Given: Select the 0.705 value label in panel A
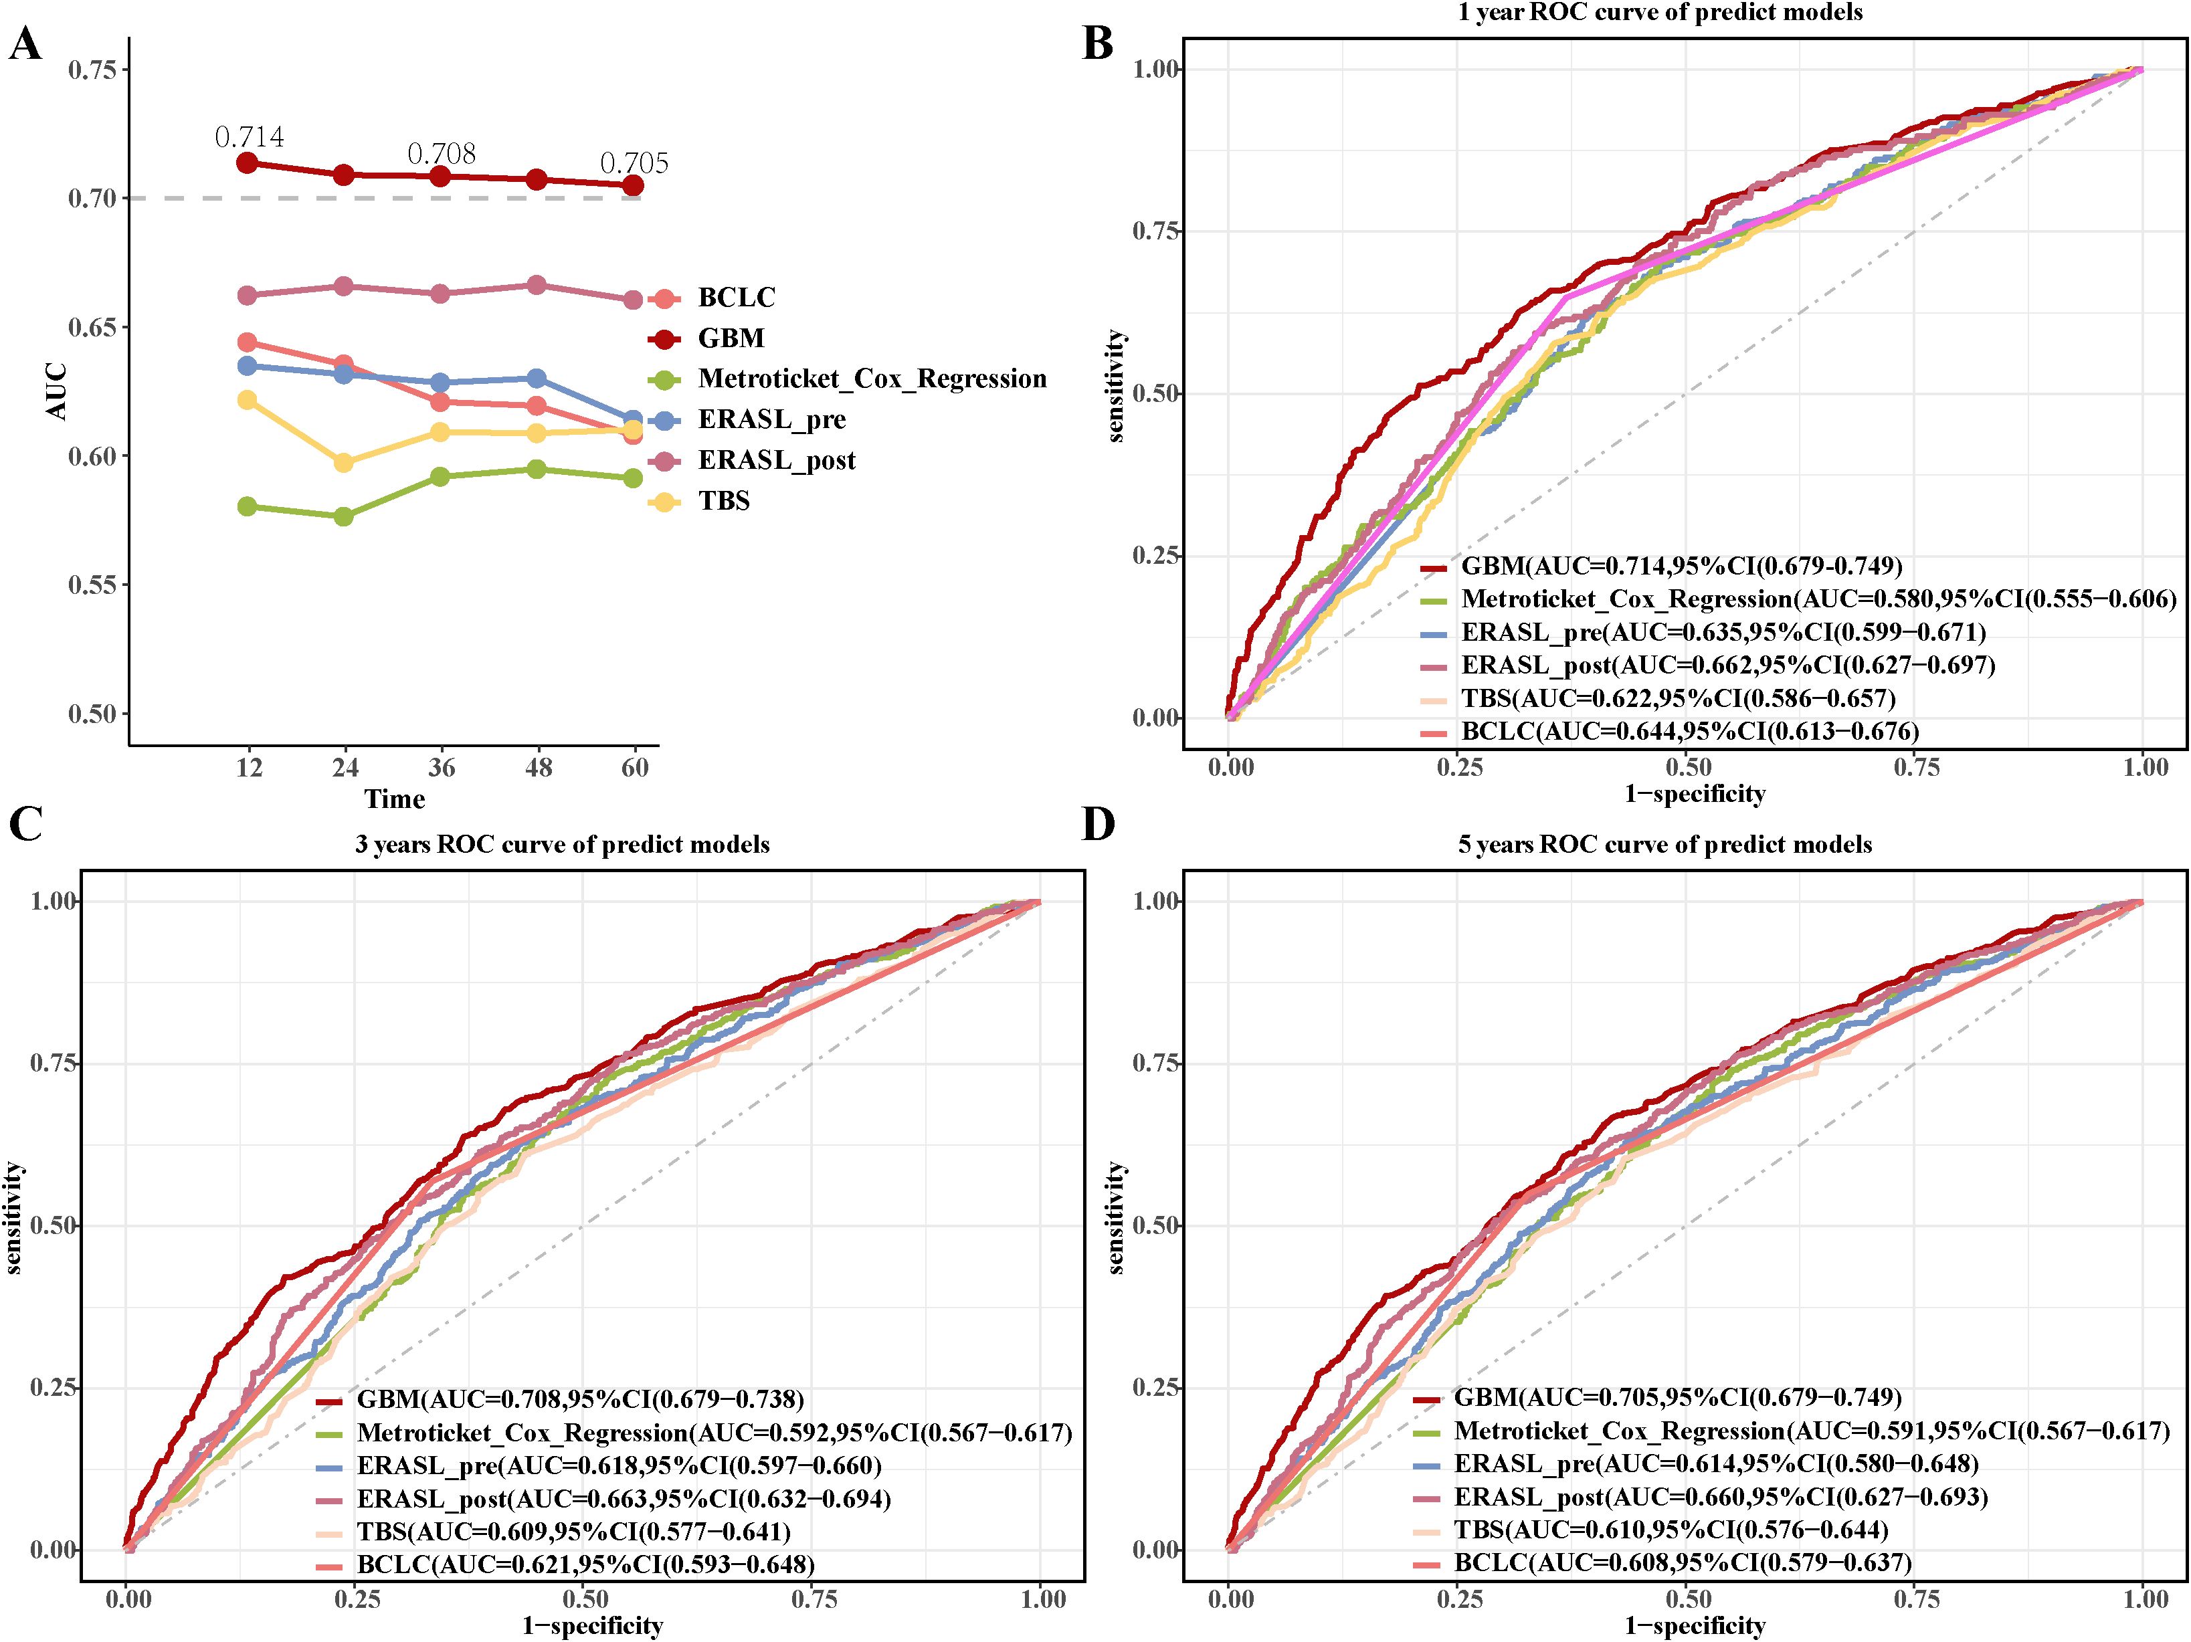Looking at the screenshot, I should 634,163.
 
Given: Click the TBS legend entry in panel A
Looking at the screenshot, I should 723,501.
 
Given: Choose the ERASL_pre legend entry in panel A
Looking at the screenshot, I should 771,420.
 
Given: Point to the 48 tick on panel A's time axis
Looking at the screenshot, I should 538,768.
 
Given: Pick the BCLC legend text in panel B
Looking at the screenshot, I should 1690,731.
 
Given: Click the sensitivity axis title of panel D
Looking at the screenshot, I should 1117,1217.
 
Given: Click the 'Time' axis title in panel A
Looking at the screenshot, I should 394,798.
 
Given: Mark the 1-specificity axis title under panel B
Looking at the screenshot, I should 1694,793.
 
